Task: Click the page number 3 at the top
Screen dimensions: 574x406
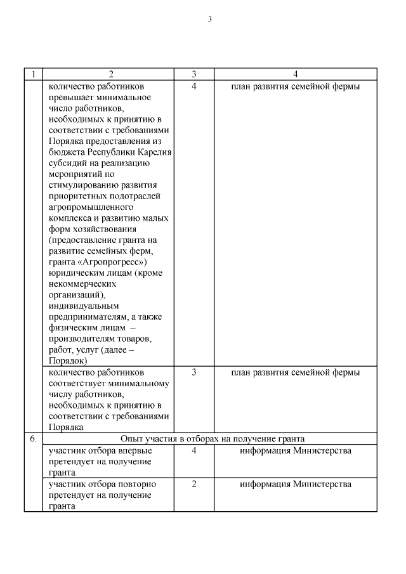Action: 209,19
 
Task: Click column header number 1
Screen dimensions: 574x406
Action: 34,74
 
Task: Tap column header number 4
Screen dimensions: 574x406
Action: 295,74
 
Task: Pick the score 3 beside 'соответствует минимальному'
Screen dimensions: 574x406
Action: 193,372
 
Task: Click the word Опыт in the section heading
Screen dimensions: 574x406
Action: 131,439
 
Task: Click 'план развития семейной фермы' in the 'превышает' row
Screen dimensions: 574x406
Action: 295,86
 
